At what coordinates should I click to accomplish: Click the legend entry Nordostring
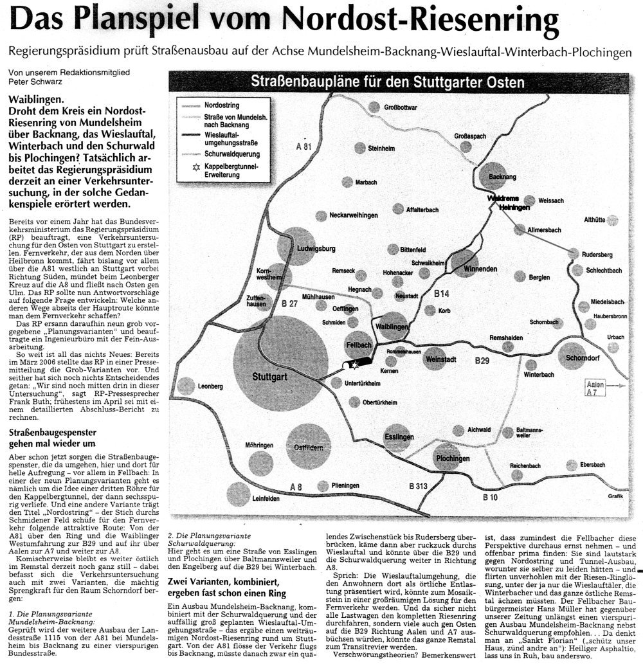pos(216,104)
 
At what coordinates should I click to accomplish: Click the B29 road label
pos(482,362)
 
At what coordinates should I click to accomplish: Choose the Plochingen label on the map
pos(452,459)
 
